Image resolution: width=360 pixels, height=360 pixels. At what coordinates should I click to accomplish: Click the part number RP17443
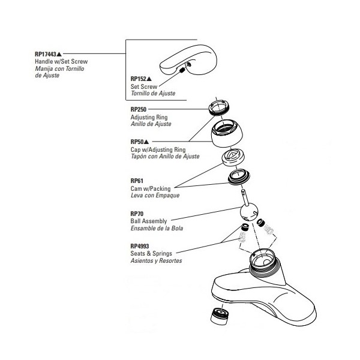[x=46, y=55]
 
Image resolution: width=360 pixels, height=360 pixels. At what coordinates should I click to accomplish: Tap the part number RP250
[x=139, y=110]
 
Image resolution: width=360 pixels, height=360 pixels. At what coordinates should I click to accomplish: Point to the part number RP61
[x=136, y=181]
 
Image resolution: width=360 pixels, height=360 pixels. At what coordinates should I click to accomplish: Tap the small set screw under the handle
[x=182, y=71]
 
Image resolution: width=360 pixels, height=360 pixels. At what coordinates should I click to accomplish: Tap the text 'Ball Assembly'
[x=148, y=221]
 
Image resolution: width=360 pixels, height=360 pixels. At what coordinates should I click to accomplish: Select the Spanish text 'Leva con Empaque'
[x=151, y=196]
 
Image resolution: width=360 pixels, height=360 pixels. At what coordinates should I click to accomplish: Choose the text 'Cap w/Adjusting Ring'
[x=158, y=149]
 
